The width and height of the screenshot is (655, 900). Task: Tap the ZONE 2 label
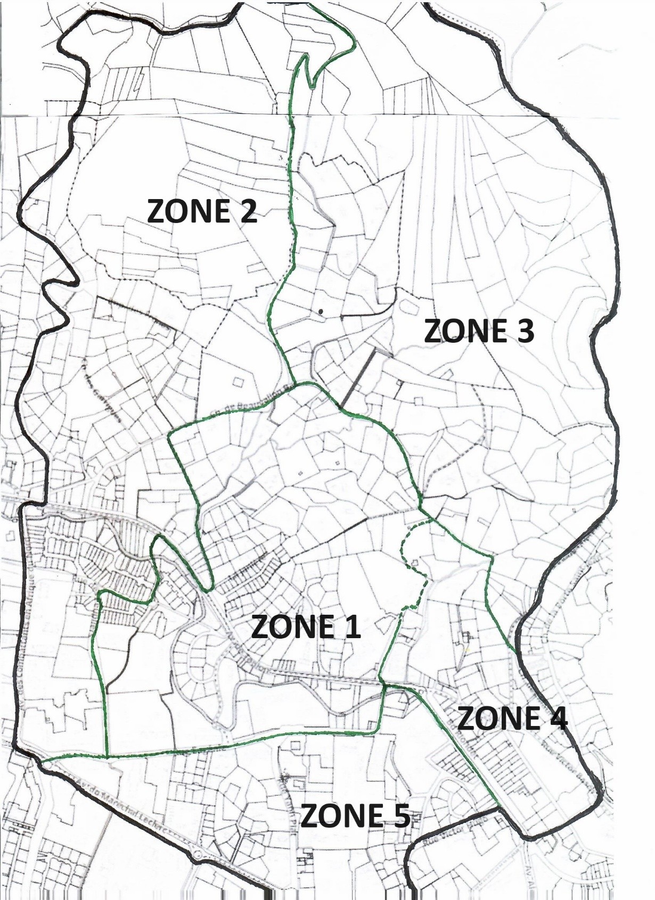(x=202, y=211)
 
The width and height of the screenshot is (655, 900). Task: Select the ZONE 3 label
(x=479, y=331)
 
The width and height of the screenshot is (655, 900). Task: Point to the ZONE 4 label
(x=512, y=719)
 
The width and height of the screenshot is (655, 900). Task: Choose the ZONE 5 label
(x=355, y=815)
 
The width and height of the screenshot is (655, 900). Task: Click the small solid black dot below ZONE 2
(x=321, y=311)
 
